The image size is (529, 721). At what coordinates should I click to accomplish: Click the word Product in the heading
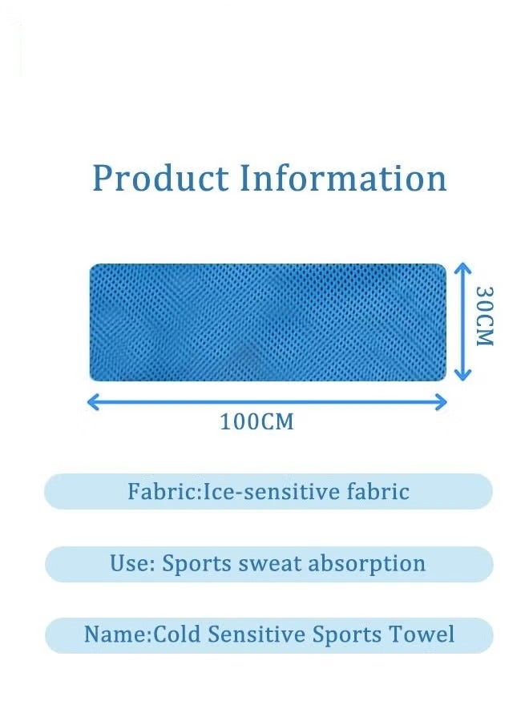click(160, 178)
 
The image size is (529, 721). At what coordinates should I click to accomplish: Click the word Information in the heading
click(344, 178)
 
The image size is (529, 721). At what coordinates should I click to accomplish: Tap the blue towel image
click(267, 321)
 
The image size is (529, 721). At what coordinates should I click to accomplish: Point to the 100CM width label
click(257, 421)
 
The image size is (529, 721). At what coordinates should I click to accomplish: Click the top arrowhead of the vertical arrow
click(460, 268)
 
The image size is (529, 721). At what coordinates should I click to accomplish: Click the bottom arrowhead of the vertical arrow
click(460, 375)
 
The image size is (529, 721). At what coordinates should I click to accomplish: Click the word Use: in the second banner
click(132, 563)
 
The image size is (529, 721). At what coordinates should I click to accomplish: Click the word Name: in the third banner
click(117, 634)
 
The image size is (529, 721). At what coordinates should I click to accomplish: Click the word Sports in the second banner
click(197, 564)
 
